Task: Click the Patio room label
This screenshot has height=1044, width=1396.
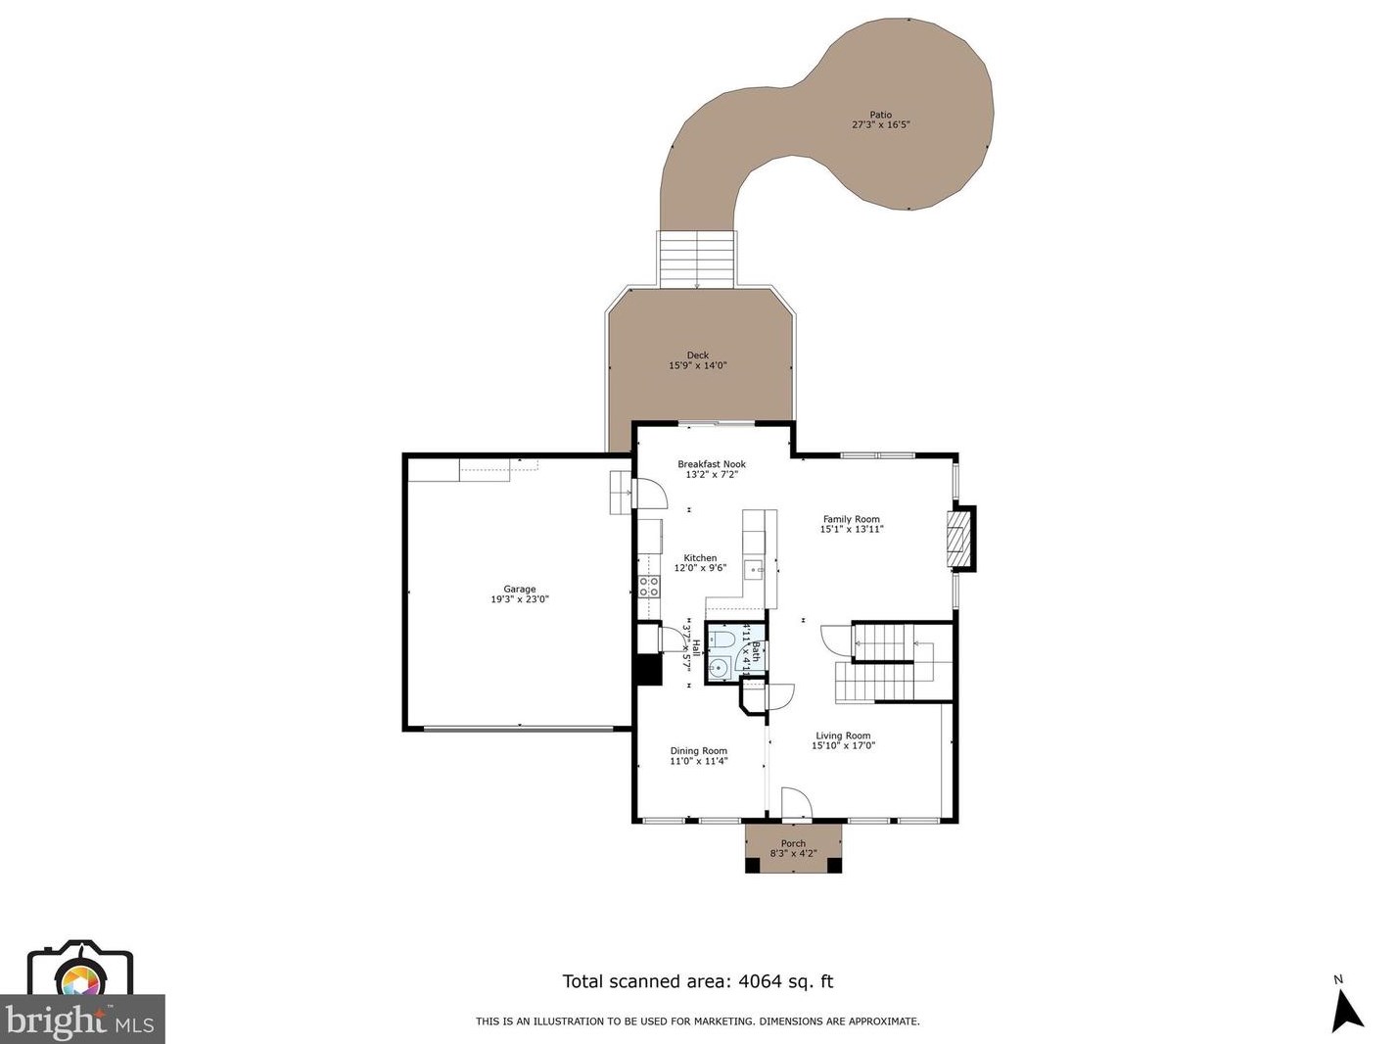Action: point(880,115)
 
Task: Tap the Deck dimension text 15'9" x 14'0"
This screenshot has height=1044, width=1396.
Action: point(697,366)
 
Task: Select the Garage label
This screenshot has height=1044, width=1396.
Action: point(520,590)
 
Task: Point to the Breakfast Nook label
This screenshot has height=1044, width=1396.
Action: point(712,464)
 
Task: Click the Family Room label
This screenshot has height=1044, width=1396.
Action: point(851,519)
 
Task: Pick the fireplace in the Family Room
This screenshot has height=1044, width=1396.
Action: point(955,539)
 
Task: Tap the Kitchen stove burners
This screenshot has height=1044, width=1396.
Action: point(648,587)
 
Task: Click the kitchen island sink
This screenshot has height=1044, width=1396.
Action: point(754,569)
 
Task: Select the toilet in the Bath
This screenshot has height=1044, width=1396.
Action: point(723,640)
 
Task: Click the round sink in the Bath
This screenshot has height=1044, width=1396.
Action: point(718,669)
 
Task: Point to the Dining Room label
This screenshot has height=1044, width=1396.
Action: point(698,751)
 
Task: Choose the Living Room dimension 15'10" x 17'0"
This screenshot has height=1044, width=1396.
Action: point(843,746)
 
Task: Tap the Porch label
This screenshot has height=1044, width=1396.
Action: point(793,843)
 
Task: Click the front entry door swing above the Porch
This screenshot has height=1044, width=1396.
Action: point(796,803)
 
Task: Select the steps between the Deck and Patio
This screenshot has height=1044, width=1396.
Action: point(696,260)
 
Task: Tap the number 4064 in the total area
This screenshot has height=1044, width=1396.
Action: point(759,981)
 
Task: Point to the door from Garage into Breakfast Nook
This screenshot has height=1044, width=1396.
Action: point(650,494)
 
